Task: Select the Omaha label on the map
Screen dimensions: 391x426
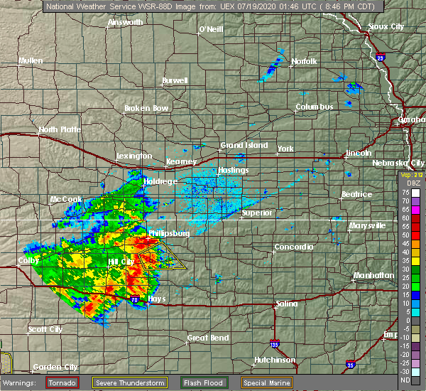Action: (x=413, y=120)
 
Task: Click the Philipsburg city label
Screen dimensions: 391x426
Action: (x=168, y=232)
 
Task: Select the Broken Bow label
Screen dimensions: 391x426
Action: (x=146, y=108)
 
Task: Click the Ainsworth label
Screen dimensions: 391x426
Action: (x=125, y=22)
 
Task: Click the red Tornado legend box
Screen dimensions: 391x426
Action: (x=62, y=382)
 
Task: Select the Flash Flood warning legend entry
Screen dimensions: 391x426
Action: (x=204, y=382)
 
